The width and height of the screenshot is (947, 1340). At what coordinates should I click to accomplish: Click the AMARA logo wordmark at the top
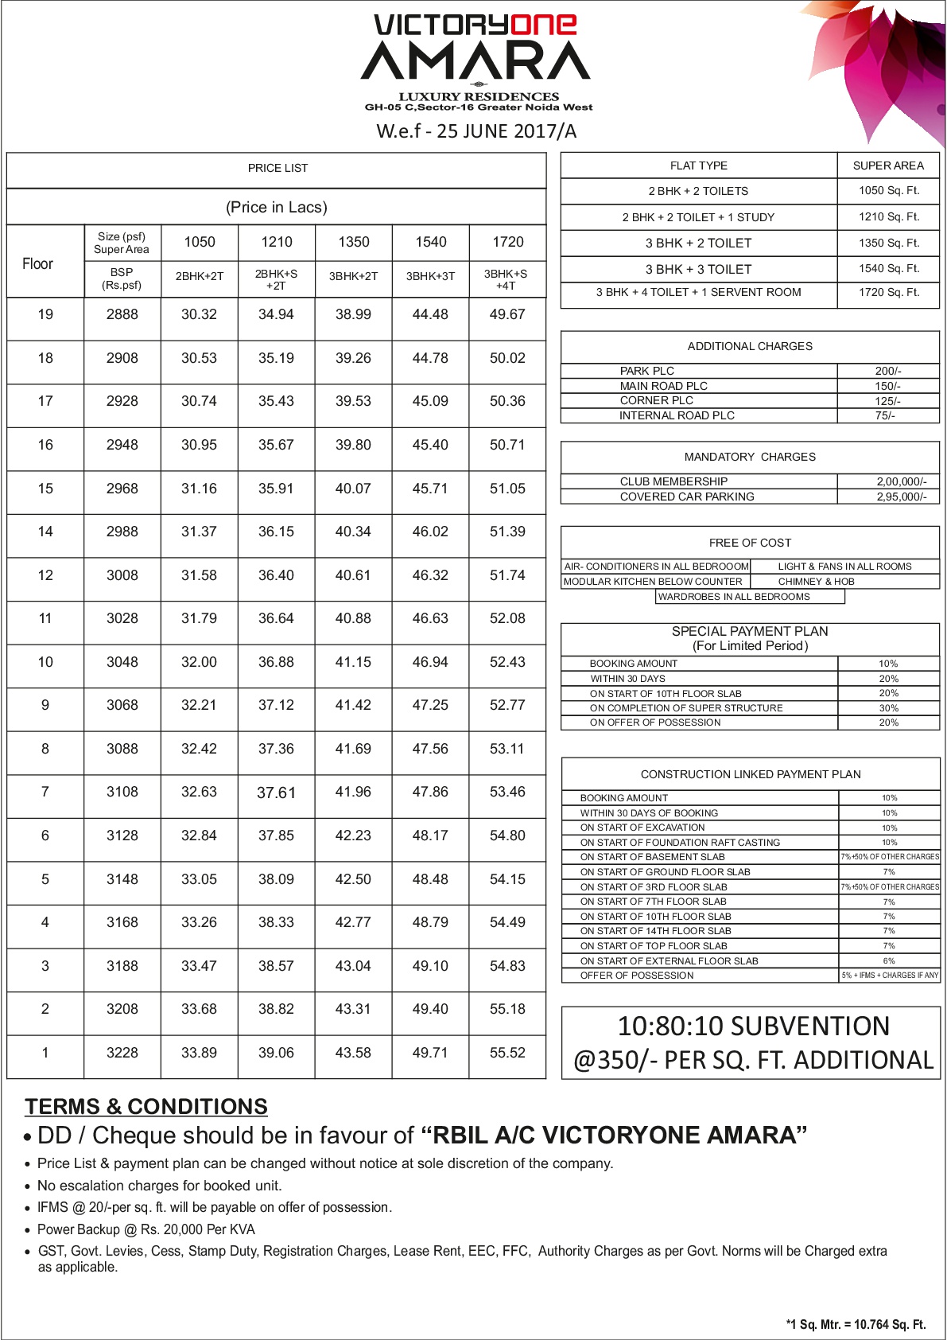click(x=475, y=60)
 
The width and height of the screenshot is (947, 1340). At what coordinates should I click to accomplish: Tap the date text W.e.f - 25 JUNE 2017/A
click(x=476, y=131)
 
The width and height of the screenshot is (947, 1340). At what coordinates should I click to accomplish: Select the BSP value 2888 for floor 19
click(x=122, y=314)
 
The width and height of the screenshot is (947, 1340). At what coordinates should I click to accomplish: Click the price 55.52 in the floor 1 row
click(x=507, y=1053)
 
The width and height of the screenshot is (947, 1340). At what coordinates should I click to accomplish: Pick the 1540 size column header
click(x=430, y=242)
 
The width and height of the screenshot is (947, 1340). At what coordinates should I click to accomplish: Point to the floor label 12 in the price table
click(x=45, y=575)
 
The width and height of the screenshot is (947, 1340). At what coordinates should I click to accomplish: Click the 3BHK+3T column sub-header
click(x=430, y=276)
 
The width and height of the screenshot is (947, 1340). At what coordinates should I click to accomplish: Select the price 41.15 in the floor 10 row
click(x=353, y=662)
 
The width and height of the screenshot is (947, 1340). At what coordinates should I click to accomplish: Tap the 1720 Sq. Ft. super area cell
click(x=888, y=292)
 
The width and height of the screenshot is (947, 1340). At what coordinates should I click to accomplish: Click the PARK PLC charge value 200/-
click(x=887, y=371)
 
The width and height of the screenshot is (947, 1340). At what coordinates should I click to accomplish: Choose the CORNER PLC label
click(x=656, y=400)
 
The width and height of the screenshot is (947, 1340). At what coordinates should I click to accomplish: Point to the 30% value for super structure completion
click(x=888, y=708)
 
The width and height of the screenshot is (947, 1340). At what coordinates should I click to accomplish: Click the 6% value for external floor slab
click(x=889, y=960)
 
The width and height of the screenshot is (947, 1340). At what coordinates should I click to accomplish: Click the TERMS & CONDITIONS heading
click(x=146, y=1107)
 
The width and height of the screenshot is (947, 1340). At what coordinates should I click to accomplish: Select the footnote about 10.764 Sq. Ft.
click(x=856, y=1324)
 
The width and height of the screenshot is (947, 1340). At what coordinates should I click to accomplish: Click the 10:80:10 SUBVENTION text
click(x=753, y=1026)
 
